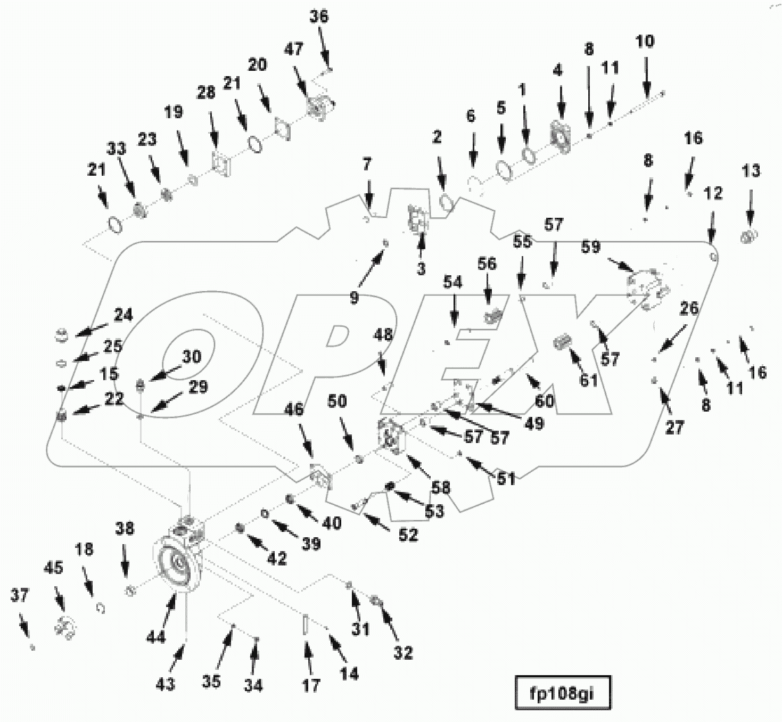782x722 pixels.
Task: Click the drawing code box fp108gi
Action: (x=562, y=693)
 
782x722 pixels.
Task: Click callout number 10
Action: (x=645, y=42)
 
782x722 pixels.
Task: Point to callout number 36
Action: (x=319, y=17)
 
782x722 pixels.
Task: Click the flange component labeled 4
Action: (x=561, y=137)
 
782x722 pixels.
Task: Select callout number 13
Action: (x=751, y=171)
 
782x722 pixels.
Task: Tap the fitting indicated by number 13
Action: (x=750, y=235)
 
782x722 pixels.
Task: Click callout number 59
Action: (x=591, y=247)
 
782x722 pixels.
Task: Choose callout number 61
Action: (x=589, y=380)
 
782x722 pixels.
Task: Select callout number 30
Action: (x=192, y=356)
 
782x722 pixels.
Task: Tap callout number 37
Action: (x=19, y=595)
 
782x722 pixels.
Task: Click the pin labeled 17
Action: (x=306, y=624)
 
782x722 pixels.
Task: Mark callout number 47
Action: (x=293, y=49)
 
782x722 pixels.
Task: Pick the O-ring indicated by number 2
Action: (x=446, y=202)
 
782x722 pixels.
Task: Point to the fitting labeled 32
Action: (x=376, y=602)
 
